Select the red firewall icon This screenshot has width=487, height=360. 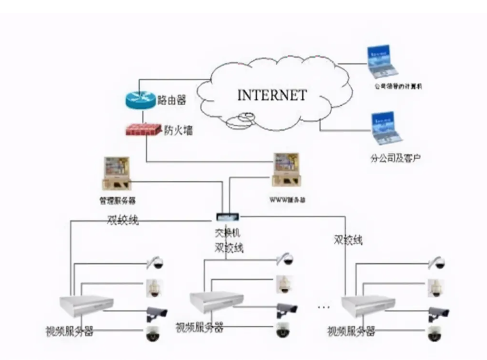pyautogui.click(x=143, y=129)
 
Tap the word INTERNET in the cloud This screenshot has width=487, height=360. pyautogui.click(x=272, y=95)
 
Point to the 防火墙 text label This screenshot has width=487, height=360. pyautogui.click(x=178, y=131)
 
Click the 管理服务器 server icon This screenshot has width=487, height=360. pyautogui.click(x=117, y=174)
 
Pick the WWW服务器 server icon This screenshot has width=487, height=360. pyautogui.click(x=287, y=170)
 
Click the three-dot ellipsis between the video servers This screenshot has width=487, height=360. pyautogui.click(x=324, y=307)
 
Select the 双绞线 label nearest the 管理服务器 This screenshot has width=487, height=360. pyautogui.click(x=122, y=220)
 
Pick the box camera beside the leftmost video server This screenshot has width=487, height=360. pyautogui.click(x=156, y=313)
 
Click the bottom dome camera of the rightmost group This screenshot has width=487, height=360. pyautogui.click(x=436, y=334)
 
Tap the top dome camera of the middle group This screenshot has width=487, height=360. pyautogui.click(x=283, y=259)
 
